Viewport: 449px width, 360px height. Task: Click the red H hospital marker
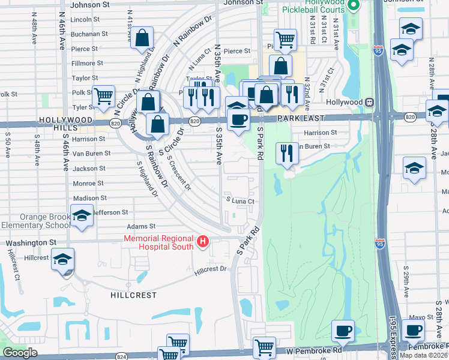click(x=203, y=242)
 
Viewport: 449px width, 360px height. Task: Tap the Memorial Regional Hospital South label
click(x=159, y=242)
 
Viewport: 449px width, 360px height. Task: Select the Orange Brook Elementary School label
click(x=36, y=221)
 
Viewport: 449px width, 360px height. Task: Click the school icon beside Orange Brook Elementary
click(x=82, y=216)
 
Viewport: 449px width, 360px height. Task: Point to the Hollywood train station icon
click(x=371, y=103)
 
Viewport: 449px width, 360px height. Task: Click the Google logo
click(x=20, y=352)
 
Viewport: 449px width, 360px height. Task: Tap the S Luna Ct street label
click(x=241, y=202)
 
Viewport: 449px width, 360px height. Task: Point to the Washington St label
click(x=31, y=243)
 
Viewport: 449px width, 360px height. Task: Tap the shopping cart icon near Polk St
click(x=104, y=97)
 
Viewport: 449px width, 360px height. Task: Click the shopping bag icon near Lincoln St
click(x=142, y=38)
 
